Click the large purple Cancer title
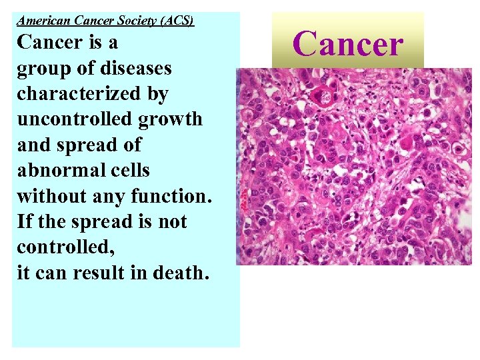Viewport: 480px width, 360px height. [347, 44]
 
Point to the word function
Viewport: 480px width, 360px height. [173, 196]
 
